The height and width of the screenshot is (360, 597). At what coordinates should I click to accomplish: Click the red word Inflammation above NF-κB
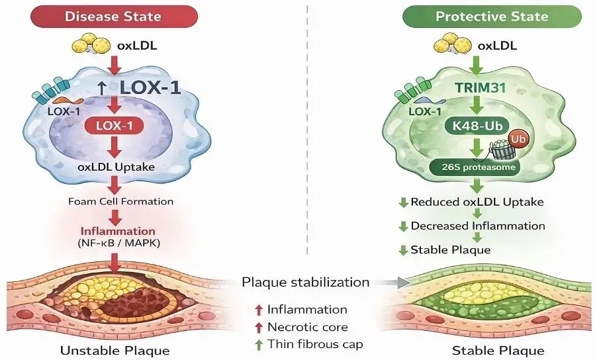118,232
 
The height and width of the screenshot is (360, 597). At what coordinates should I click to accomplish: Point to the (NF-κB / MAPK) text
118,244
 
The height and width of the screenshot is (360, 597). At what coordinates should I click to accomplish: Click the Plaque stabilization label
305,282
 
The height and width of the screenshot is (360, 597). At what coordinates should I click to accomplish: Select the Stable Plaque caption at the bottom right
488,350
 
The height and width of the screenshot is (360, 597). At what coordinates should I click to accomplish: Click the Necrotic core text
307,326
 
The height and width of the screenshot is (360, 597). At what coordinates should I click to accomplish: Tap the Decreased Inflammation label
478,226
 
